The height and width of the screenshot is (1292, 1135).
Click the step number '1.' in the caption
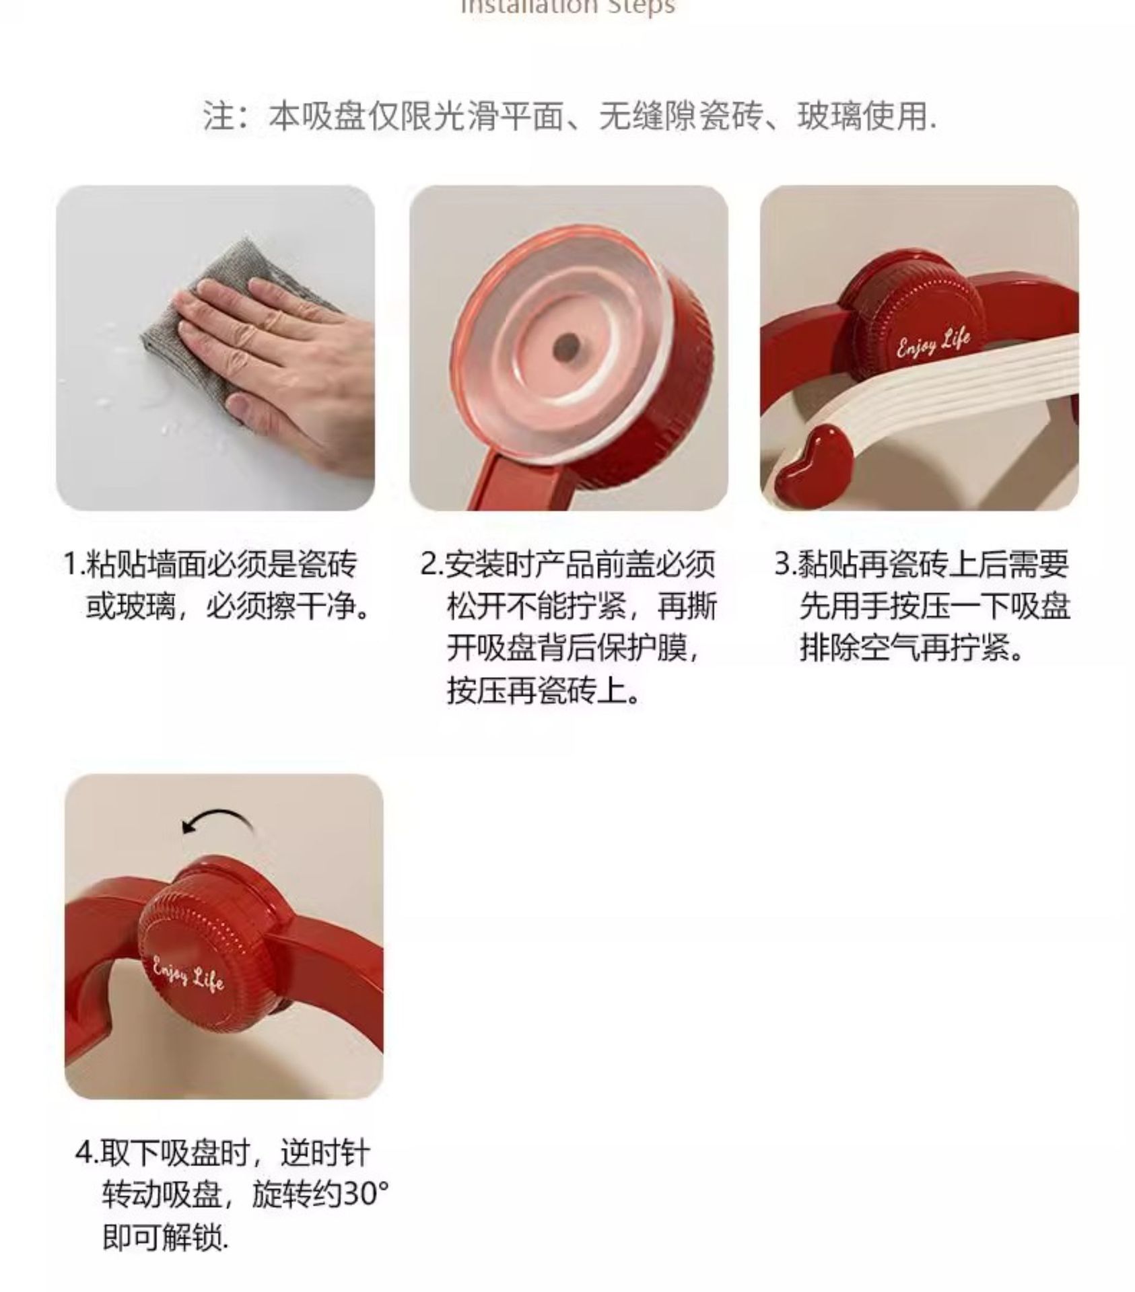click(73, 564)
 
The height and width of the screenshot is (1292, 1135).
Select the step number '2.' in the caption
click(432, 564)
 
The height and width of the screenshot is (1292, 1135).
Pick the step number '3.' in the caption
click(785, 564)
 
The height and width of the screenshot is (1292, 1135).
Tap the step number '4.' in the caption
click(86, 1153)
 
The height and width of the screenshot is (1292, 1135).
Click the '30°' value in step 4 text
click(366, 1194)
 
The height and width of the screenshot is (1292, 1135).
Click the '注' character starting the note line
click(219, 116)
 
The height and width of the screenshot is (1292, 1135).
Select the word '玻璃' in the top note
click(829, 116)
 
